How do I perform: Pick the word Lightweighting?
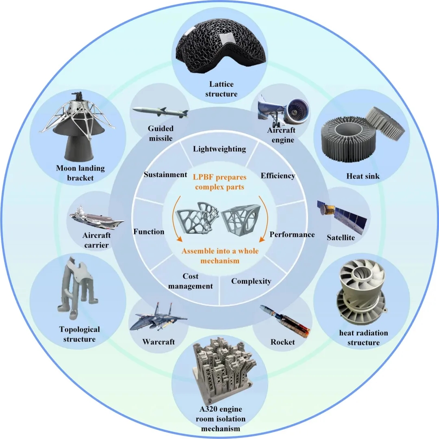[x=219, y=149]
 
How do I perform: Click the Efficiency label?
[x=278, y=176]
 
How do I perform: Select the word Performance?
[x=292, y=234]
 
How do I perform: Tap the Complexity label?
[x=251, y=281]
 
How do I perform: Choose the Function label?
[x=149, y=231]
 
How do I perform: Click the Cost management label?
[x=191, y=281]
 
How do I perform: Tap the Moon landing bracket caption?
[x=80, y=173]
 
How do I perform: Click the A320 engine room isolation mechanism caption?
[x=220, y=419]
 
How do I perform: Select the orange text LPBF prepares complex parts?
[x=219, y=183]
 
